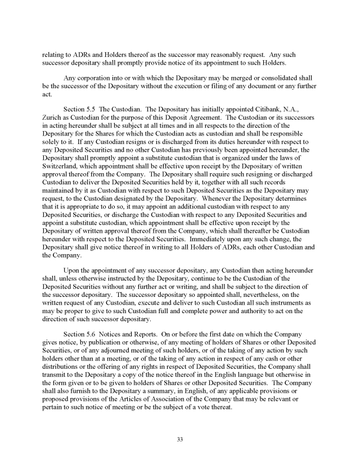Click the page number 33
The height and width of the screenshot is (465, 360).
[180, 439]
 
